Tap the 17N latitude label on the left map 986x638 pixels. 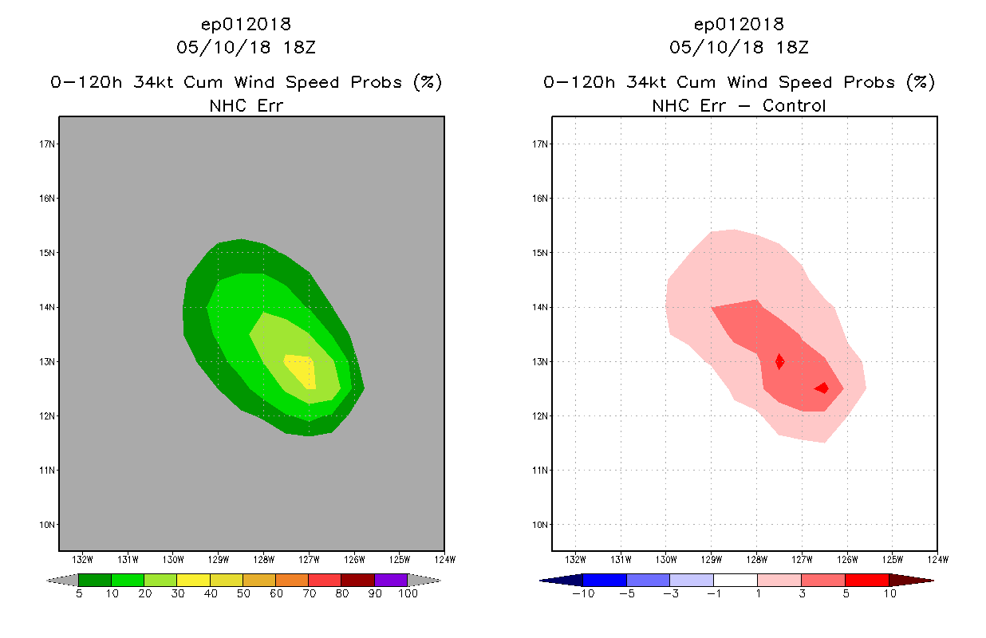48,144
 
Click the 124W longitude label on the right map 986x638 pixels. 937,559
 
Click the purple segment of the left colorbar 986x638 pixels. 391,580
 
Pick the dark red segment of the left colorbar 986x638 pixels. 357,580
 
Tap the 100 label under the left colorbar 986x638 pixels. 408,594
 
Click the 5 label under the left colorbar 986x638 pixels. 79,594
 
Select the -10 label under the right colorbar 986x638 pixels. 582,594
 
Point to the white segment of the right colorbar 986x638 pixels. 735,580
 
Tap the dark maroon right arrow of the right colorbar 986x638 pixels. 910,580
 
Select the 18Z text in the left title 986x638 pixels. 298,47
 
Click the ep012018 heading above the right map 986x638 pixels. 739,24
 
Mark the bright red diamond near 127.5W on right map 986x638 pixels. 779,361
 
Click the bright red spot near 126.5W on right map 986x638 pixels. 822,388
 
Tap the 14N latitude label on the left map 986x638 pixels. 48,307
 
